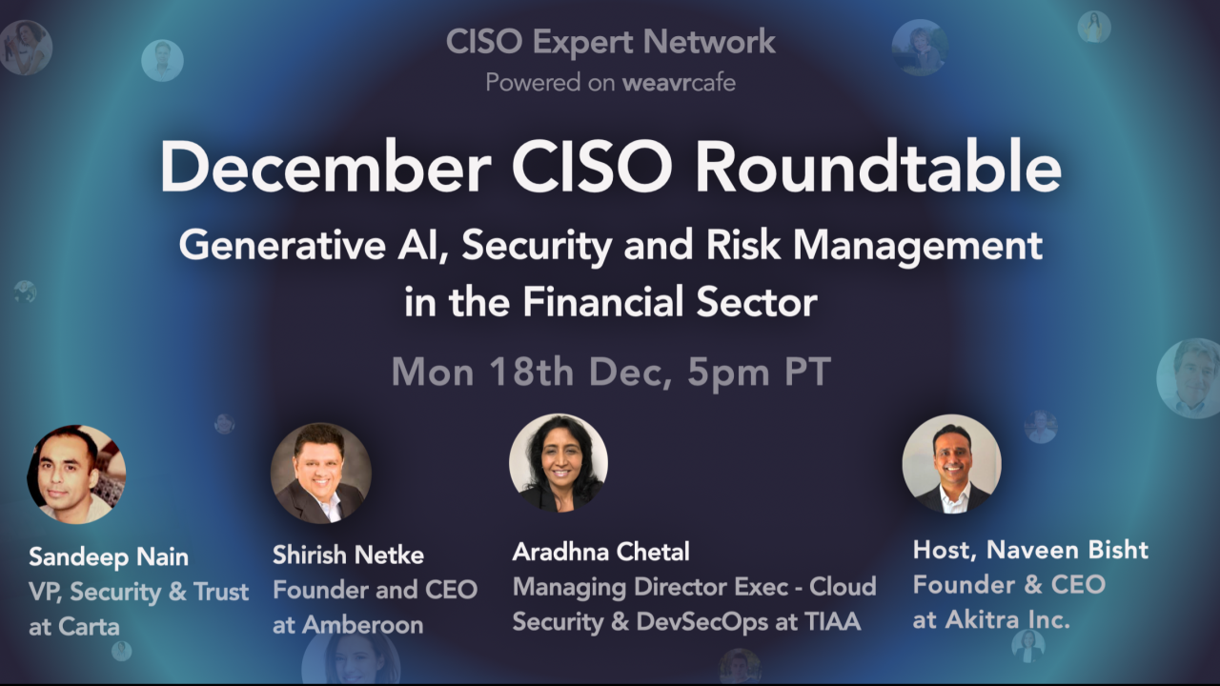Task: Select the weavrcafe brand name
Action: tap(679, 83)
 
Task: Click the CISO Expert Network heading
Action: tap(610, 42)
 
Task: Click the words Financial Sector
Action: tap(669, 302)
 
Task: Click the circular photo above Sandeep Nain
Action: tap(76, 474)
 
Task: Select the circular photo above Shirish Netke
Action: tap(321, 474)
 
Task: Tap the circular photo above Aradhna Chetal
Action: tap(559, 463)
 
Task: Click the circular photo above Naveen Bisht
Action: tap(951, 464)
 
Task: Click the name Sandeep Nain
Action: tap(109, 556)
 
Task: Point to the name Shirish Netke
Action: tap(348, 555)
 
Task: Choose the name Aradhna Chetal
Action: tap(600, 552)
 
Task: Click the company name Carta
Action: tap(93, 628)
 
